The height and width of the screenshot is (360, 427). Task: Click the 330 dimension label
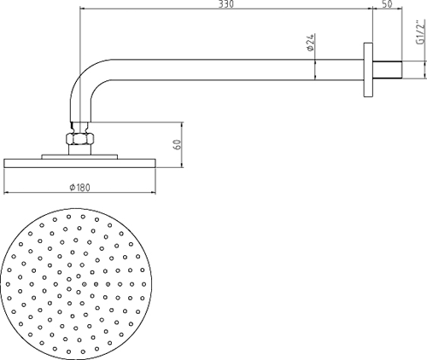coord(227,4)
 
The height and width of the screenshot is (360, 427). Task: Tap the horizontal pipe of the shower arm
coord(231,67)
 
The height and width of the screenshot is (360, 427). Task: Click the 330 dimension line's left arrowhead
coord(82,10)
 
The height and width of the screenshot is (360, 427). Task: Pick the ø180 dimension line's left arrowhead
coord(8,194)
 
